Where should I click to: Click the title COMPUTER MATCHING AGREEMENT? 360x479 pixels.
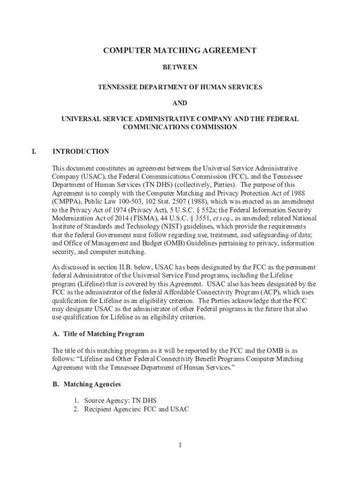pyautogui.click(x=180, y=51)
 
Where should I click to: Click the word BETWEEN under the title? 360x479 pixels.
pyautogui.click(x=180, y=67)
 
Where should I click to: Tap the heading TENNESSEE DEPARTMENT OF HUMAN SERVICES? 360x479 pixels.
pyautogui.click(x=180, y=87)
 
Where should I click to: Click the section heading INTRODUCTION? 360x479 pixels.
pyautogui.click(x=81, y=152)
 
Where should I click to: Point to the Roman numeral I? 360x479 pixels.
pyautogui.click(x=34, y=152)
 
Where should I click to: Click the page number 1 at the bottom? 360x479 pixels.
pyautogui.click(x=180, y=444)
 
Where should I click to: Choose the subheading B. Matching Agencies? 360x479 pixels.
pyautogui.click(x=86, y=384)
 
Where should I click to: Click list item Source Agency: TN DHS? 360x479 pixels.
pyautogui.click(x=120, y=400)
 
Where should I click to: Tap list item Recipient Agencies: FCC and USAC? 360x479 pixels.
pyautogui.click(x=136, y=409)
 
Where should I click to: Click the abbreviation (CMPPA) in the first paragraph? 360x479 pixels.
pyautogui.click(x=66, y=202)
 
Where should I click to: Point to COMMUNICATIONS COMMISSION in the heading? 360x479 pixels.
pyautogui.click(x=180, y=127)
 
